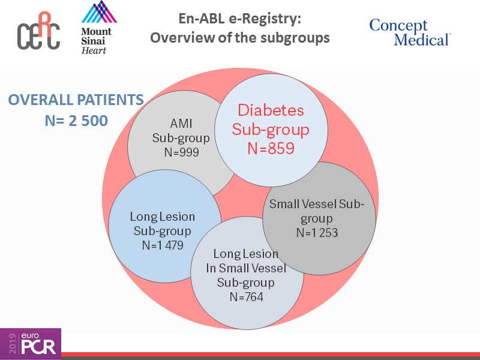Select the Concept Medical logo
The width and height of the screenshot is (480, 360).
coord(410,32)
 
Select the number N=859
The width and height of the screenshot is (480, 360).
coord(271,148)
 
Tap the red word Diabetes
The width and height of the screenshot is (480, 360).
coord(271,110)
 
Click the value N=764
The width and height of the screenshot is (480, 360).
coord(246,296)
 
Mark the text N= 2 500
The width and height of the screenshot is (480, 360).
coord(76,121)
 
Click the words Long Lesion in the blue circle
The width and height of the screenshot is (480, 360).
coord(162,217)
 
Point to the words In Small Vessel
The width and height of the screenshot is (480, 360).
coord(246,268)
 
